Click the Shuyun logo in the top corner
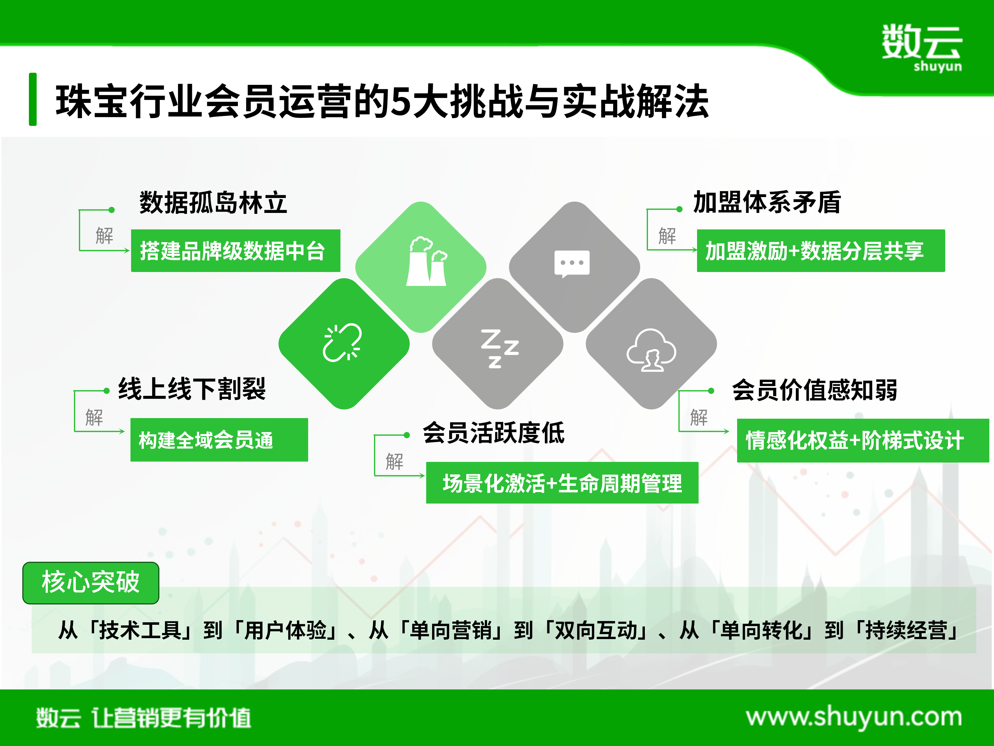[922, 48]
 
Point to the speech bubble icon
[572, 264]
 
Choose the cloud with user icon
[651, 350]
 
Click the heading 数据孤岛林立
[213, 202]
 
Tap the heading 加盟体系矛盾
[767, 202]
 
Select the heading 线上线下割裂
[192, 389]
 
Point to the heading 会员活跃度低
[493, 433]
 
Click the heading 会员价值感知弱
[814, 389]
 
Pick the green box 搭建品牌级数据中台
[235, 251]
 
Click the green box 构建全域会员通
[219, 440]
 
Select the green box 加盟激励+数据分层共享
[821, 251]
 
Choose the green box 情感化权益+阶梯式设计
[863, 440]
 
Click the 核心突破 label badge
[91, 583]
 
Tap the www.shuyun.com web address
[854, 716]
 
